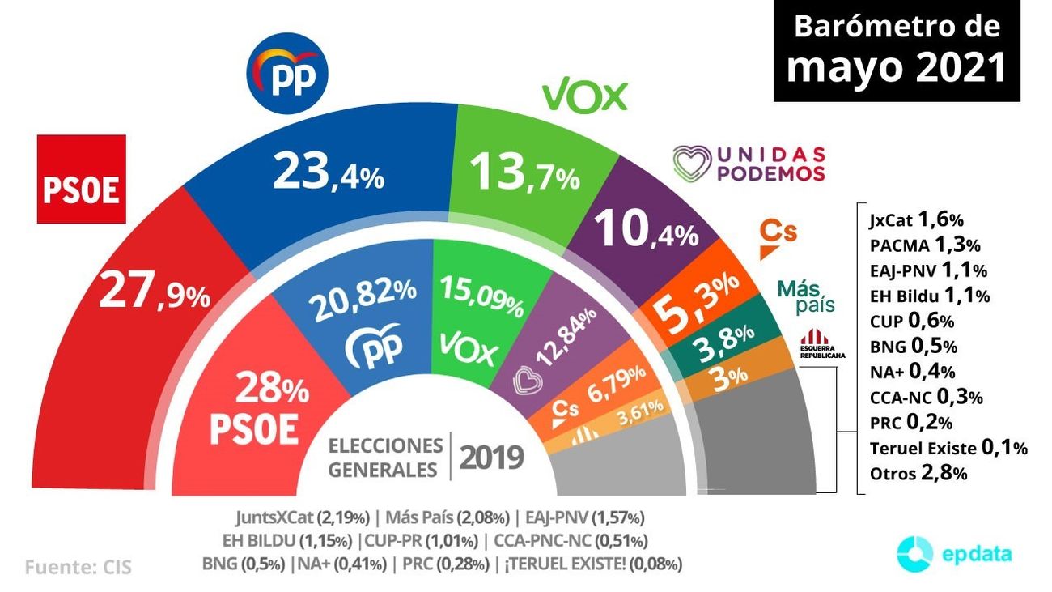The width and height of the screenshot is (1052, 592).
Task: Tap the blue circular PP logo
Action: pyautogui.click(x=287, y=75)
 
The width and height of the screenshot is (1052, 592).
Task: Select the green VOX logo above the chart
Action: pyautogui.click(x=584, y=96)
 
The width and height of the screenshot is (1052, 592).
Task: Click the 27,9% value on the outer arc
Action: pyautogui.click(x=154, y=294)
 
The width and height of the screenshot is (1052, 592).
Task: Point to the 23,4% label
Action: pyautogui.click(x=328, y=172)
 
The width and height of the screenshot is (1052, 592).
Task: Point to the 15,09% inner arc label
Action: pyautogui.click(x=481, y=295)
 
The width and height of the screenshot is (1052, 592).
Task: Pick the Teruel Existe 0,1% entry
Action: pyautogui.click(x=948, y=447)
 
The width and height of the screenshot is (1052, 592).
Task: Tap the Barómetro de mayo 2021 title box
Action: pyautogui.click(x=896, y=50)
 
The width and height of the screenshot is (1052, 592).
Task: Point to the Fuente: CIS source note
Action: pyautogui.click(x=78, y=567)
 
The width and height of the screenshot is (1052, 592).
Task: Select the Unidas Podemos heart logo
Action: pyautogui.click(x=692, y=163)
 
